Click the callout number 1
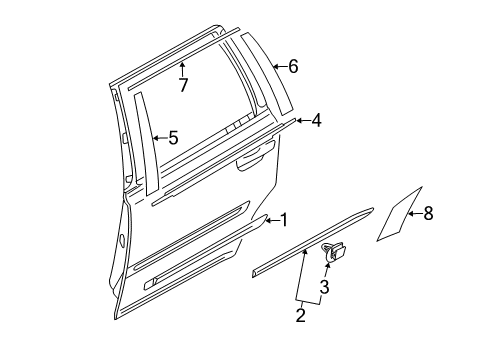(x=284, y=219)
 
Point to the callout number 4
(x=316, y=122)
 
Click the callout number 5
(x=173, y=138)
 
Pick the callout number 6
(x=293, y=67)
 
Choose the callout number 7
(x=183, y=85)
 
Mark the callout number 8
(x=428, y=213)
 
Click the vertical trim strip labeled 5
(x=144, y=140)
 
